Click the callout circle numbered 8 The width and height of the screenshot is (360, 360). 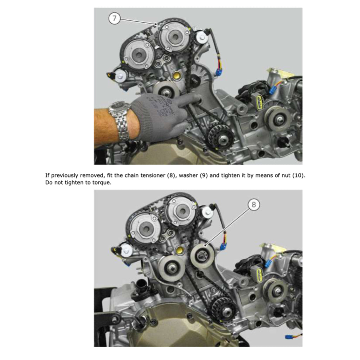point(254,205)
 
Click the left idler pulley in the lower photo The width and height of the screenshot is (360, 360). point(172,268)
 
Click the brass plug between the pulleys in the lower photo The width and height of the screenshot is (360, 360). point(180,250)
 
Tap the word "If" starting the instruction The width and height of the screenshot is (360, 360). point(47,175)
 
